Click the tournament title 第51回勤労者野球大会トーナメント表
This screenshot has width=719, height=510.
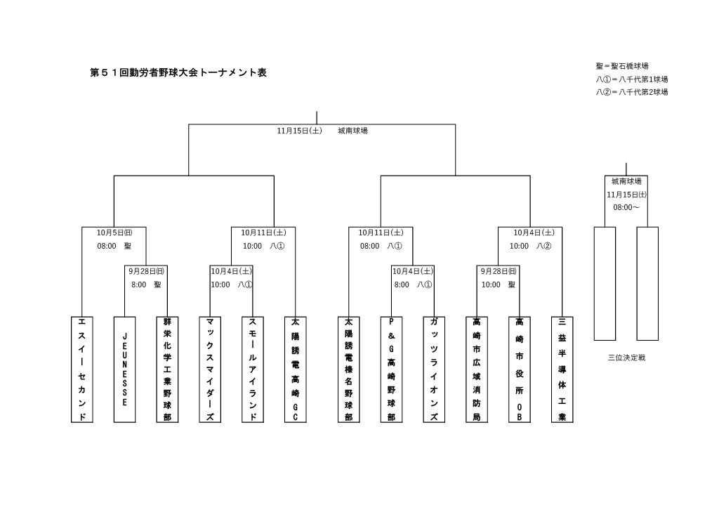click(179, 72)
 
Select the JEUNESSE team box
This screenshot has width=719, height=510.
click(124, 370)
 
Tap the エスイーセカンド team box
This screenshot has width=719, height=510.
click(82, 370)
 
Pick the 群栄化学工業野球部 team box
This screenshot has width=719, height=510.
click(167, 370)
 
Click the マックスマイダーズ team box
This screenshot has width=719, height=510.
click(210, 370)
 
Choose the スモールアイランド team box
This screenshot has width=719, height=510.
click(253, 370)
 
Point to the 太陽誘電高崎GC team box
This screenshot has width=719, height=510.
click(296, 370)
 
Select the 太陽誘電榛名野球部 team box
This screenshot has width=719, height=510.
click(348, 370)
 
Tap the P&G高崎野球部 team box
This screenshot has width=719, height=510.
click(391, 370)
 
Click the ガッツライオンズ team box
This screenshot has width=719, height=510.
click(434, 370)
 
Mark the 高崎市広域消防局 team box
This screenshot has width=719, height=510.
click(477, 370)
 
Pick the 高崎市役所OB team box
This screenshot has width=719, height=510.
click(520, 370)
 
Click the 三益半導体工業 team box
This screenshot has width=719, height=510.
click(562, 370)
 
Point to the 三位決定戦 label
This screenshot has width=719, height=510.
click(626, 358)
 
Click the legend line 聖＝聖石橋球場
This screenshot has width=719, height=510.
click(622, 66)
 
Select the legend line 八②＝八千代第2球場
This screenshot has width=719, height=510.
click(632, 92)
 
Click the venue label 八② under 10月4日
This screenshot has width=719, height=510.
click(544, 247)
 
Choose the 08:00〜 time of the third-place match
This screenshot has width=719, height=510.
click(626, 208)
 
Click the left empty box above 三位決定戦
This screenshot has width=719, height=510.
click(605, 284)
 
